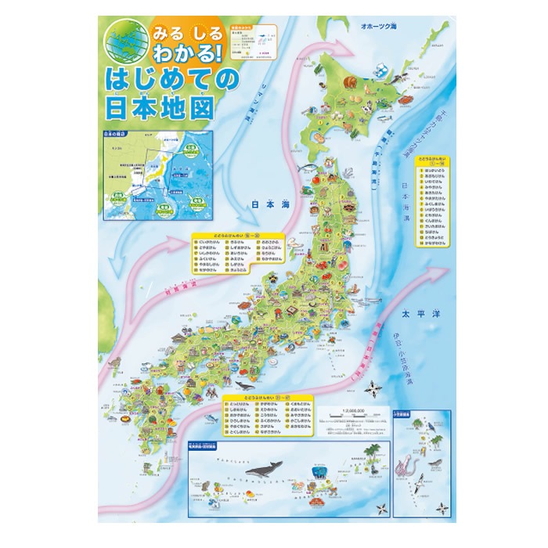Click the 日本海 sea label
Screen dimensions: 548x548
tap(265, 204)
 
